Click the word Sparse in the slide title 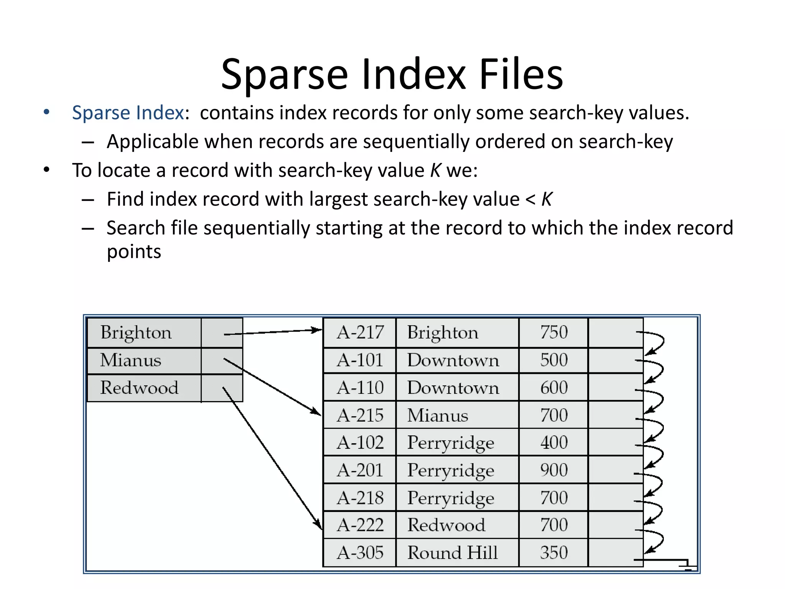284,75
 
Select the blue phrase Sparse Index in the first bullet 128,113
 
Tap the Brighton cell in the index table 144,332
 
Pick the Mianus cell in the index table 144,360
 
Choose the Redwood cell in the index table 144,388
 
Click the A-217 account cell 360,332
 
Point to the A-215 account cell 360,415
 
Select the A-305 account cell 360,553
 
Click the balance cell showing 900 553,470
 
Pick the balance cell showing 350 553,553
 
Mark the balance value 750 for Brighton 553,332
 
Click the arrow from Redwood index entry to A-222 272,458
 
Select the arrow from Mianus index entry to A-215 272,387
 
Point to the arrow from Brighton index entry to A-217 272,332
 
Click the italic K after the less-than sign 547,199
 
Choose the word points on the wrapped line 134,252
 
